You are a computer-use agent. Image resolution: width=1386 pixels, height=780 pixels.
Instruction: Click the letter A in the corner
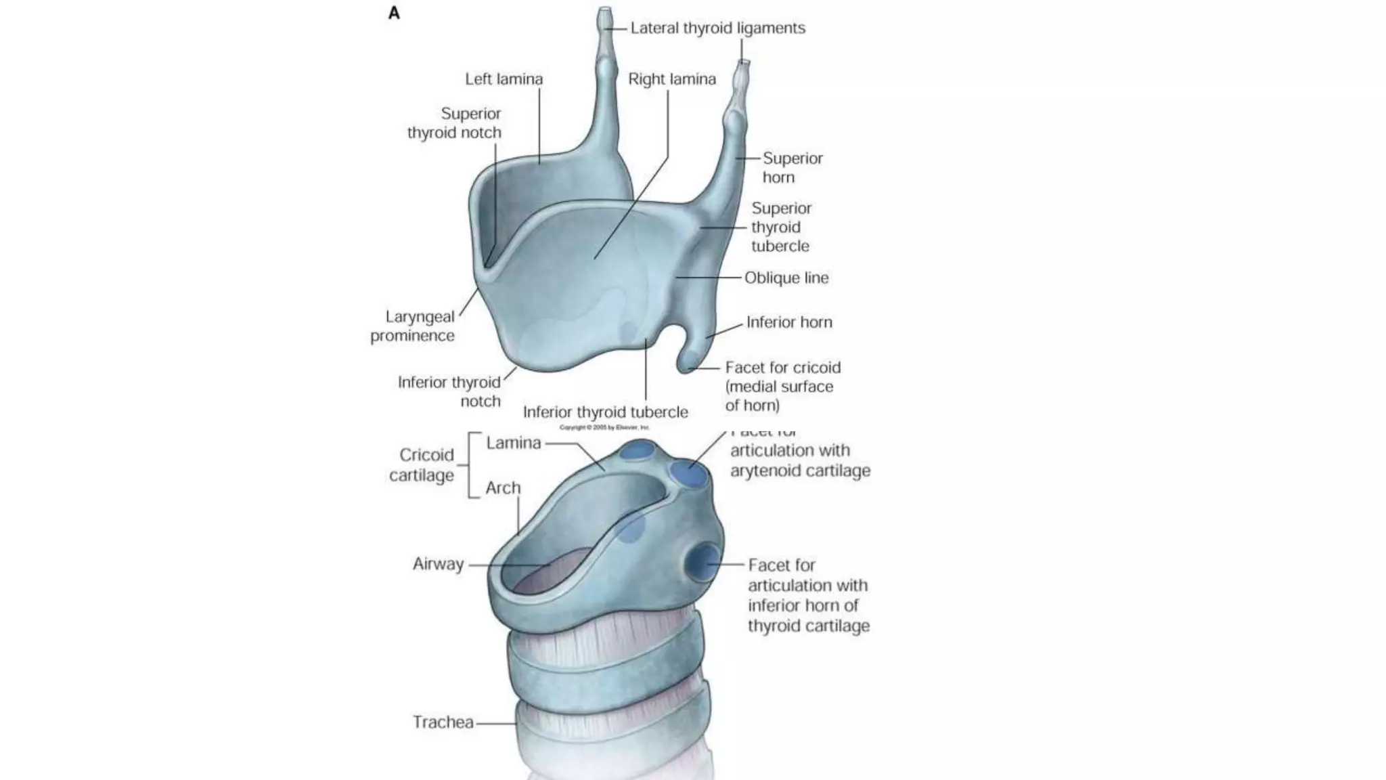[394, 13]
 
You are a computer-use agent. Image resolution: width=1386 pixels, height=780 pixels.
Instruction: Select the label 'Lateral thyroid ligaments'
[717, 28]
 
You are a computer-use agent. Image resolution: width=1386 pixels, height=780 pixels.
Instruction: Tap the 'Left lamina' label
[504, 79]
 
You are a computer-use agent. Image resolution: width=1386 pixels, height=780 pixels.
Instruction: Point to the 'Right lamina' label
[671, 79]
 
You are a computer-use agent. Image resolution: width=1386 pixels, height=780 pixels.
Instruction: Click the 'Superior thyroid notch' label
[455, 123]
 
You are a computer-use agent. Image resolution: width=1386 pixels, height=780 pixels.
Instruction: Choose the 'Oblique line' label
[786, 278]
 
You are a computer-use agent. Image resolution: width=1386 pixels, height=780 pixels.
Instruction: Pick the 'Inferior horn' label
[789, 322]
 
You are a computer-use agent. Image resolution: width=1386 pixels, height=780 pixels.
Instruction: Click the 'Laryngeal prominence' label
[413, 326]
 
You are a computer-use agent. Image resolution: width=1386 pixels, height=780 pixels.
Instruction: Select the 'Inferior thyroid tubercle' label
[605, 412]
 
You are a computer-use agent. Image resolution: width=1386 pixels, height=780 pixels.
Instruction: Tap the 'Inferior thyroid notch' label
[450, 391]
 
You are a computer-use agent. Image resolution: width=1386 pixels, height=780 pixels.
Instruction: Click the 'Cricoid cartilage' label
[422, 464]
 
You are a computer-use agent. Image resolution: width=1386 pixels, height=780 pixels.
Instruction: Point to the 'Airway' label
[438, 564]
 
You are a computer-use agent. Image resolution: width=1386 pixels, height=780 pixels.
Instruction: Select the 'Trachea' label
[443, 722]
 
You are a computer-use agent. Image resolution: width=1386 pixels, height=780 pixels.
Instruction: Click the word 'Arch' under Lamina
[503, 488]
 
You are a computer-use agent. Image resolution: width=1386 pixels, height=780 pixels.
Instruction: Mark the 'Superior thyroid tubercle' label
[781, 227]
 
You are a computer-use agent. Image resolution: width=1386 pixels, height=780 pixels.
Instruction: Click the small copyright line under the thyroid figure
[604, 427]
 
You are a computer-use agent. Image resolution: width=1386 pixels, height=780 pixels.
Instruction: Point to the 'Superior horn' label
[792, 167]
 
